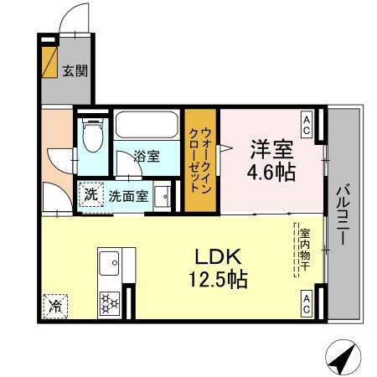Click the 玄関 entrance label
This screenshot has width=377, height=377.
coord(73,71)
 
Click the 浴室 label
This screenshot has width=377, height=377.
coord(147,156)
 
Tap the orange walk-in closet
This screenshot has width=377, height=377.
coord(200,160)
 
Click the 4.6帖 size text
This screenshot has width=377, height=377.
coord(269,174)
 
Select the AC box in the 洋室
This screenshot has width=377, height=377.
coord(307,126)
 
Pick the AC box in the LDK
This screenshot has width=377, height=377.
coord(307,304)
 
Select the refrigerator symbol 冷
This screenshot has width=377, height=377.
coord(52,306)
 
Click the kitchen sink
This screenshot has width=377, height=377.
coord(109,266)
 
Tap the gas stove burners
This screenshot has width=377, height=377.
coord(109,300)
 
